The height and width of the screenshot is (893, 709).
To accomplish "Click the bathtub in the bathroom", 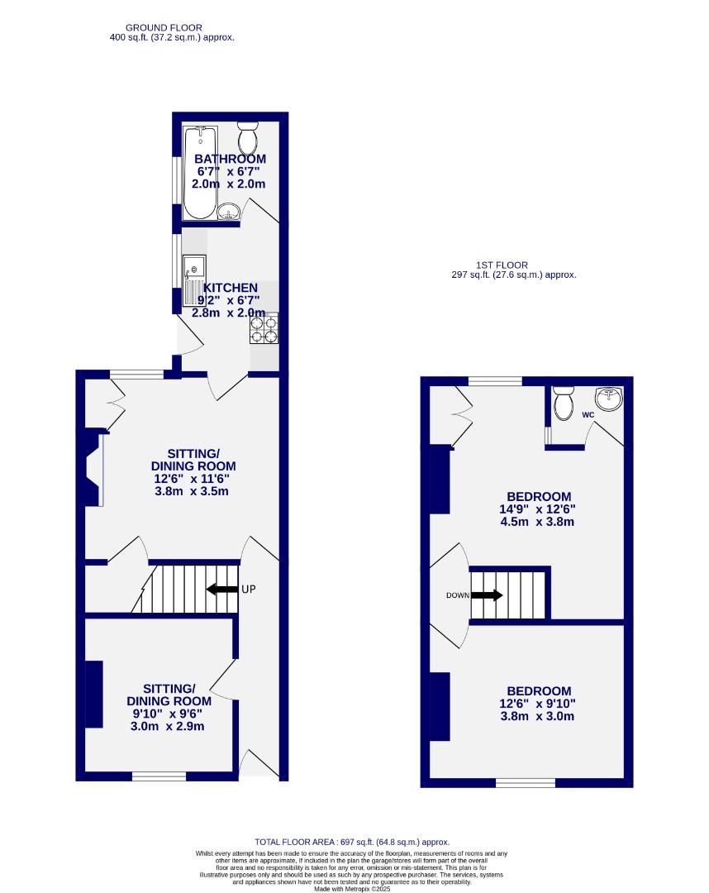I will pos(200,172).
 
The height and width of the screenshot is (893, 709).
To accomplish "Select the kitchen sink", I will pos(194,269).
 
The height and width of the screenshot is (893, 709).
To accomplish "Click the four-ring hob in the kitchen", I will pos(263,329).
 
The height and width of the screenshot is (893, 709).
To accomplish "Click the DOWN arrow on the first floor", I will pos(487,595).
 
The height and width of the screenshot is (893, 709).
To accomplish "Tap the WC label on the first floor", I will pos(588,414).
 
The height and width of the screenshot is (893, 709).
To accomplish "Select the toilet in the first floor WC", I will pos(564,403).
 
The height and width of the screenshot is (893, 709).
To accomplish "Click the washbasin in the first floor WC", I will pos(611,398).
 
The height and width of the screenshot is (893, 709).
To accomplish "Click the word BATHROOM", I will pos(230,159).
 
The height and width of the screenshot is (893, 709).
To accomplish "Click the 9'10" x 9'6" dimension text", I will pos(169,714).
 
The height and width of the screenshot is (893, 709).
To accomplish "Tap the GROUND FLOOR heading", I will pos(164,27).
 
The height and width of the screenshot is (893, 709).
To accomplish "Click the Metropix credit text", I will pos(353,888).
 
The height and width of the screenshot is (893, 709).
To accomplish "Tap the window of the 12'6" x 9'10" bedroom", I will pos(526,782).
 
